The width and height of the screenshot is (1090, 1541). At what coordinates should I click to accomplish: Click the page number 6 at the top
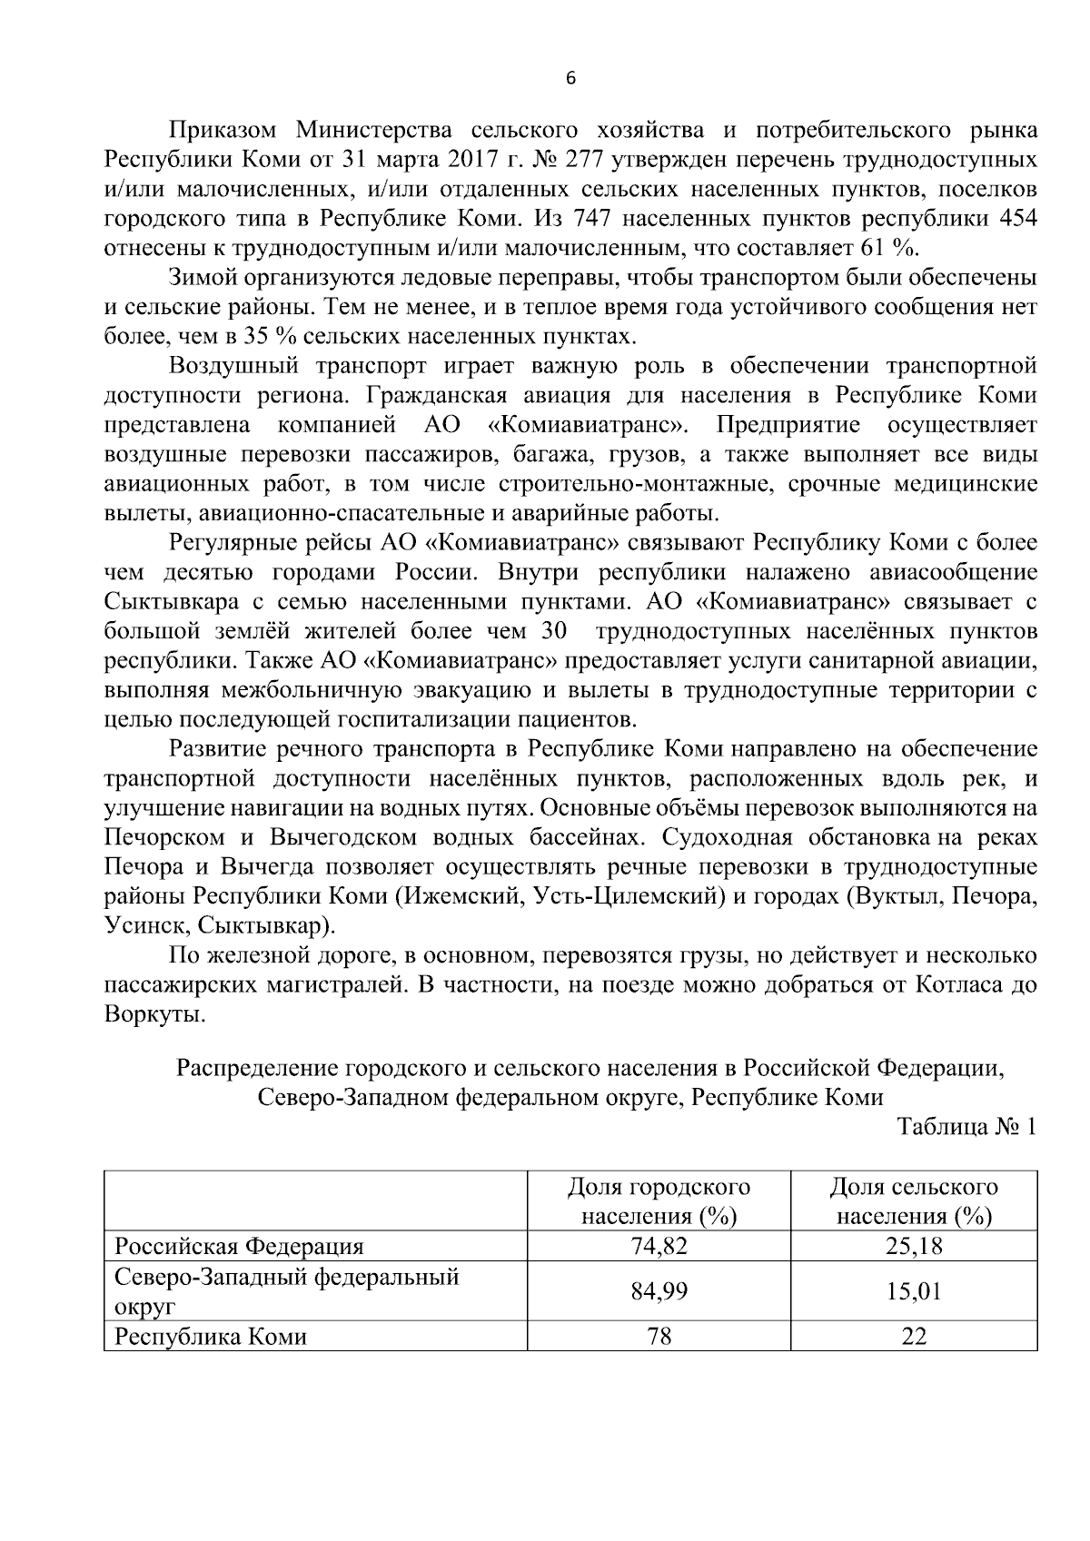[570, 79]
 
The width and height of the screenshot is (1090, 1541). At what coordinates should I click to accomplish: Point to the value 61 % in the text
[897, 248]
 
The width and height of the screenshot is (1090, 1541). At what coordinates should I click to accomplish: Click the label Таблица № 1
[966, 1127]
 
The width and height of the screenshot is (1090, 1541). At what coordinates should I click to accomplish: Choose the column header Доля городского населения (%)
[659, 1200]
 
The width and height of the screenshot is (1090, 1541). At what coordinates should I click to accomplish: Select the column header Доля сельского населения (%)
[914, 1200]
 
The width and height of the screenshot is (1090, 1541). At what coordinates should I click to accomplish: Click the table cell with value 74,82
[659, 1246]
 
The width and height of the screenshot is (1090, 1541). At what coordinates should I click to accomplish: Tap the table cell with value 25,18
[914, 1246]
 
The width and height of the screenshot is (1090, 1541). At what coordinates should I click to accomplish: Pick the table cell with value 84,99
[659, 1290]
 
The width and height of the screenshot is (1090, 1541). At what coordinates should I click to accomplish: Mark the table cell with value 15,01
[914, 1290]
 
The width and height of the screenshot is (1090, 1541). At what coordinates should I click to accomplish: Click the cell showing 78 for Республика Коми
[659, 1336]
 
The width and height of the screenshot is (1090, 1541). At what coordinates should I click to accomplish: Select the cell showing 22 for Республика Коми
[914, 1336]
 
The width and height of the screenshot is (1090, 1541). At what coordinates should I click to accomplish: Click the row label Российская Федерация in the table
[239, 1246]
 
